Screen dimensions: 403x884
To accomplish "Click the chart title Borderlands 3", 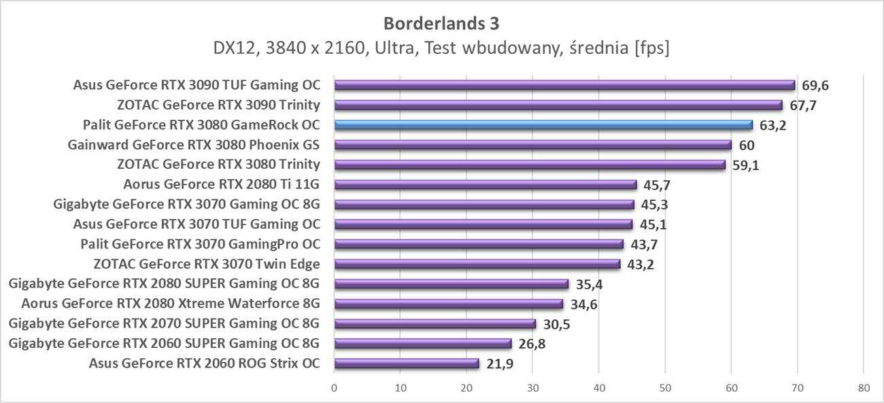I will [x=441, y=23].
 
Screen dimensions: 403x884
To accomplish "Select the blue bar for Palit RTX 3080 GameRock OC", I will [x=543, y=125].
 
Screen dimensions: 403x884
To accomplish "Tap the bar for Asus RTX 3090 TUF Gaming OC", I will [x=564, y=85].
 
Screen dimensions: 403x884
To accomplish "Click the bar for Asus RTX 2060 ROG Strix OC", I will [x=407, y=363].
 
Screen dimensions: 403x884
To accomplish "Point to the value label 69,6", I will [x=815, y=85].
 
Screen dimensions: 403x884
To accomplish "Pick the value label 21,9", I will [x=500, y=364].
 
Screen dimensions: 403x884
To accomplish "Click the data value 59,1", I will [x=745, y=165].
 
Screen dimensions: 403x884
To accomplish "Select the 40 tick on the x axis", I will [x=598, y=388].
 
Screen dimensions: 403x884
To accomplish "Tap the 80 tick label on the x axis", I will [x=863, y=388].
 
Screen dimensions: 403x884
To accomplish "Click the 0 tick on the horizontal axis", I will [x=334, y=388].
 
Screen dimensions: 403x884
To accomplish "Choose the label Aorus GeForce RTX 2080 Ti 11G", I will [x=222, y=184].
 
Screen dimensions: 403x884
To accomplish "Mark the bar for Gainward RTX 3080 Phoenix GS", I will [x=532, y=144].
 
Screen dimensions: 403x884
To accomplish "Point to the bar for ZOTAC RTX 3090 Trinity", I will [x=558, y=105].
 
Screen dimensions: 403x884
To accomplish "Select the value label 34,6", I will [x=584, y=304].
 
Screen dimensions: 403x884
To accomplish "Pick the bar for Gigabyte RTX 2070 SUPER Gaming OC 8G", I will [x=435, y=323].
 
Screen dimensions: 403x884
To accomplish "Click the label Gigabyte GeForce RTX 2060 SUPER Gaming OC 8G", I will [x=165, y=343].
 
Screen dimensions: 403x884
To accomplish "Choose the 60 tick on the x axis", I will [x=731, y=388].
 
